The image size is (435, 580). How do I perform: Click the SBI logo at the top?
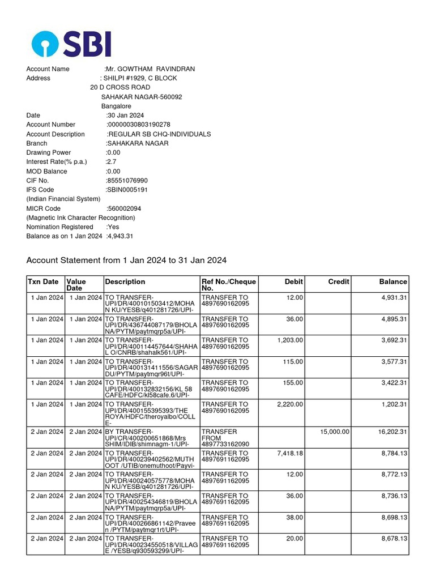tap(71, 44)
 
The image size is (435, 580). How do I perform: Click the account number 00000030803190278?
tap(139, 125)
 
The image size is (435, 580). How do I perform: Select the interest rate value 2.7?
tap(111, 162)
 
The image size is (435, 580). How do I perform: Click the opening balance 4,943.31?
tap(120, 236)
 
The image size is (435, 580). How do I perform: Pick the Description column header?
tap(125, 282)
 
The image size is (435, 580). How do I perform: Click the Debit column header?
tap(294, 282)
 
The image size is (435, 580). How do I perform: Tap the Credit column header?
tap(339, 282)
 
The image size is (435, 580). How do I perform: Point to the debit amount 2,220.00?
tap(290, 404)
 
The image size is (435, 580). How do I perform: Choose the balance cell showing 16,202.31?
tap(393, 432)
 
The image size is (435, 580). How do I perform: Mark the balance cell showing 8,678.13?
tap(394, 539)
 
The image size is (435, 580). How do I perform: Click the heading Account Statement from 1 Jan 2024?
tap(126, 261)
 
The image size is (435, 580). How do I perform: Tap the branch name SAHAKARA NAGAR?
tap(138, 143)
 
